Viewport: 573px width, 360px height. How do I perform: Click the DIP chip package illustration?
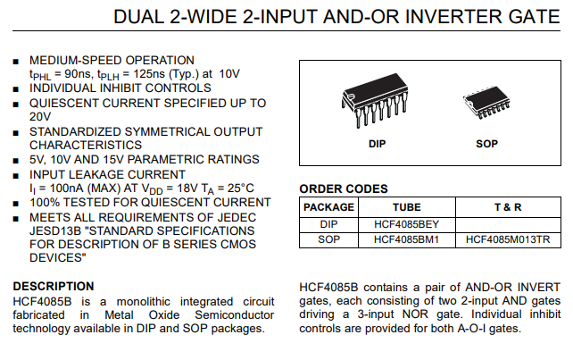point(375,100)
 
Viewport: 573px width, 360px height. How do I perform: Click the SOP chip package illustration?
point(486,103)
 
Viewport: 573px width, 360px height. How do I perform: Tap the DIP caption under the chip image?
point(377,144)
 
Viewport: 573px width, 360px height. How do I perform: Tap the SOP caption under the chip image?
point(486,144)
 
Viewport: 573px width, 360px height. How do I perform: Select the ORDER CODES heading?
point(344,188)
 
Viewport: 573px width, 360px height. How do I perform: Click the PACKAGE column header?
point(328,207)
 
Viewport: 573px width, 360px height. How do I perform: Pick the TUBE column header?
point(407,207)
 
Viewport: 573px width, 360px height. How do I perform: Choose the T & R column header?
point(508,207)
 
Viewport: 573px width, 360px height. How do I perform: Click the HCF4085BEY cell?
point(406,224)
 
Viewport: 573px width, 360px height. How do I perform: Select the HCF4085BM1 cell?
point(406,239)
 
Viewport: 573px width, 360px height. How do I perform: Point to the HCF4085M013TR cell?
point(508,239)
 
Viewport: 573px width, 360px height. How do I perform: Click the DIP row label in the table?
point(328,224)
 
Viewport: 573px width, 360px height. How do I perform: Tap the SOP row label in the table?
point(328,239)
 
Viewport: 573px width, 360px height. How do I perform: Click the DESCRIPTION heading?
point(54,286)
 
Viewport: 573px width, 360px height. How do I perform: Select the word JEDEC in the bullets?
point(237,217)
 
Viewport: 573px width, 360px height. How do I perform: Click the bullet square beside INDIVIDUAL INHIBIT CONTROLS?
point(16,89)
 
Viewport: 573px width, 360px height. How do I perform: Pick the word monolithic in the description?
point(143,301)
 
